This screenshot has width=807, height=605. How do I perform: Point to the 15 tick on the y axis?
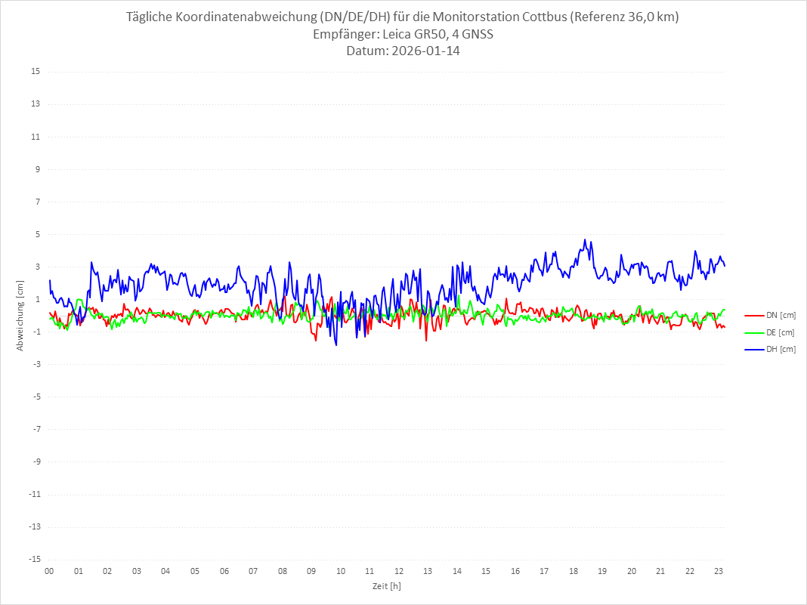(36, 72)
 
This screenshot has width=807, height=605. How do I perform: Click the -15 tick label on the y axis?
(34, 559)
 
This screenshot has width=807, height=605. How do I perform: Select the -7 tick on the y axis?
(36, 429)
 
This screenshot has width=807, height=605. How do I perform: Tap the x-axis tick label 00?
(49, 571)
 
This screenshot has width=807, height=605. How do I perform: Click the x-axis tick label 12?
(399, 571)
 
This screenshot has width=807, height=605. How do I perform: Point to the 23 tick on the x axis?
(719, 571)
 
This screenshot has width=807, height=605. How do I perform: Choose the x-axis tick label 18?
(574, 571)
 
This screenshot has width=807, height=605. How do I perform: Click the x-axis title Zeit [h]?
(386, 586)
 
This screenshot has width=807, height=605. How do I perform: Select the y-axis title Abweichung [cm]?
(20, 315)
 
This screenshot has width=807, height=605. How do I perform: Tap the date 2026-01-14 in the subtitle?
(428, 51)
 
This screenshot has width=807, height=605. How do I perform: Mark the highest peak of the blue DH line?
(584, 240)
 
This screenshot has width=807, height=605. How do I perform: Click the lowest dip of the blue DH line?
(336, 345)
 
